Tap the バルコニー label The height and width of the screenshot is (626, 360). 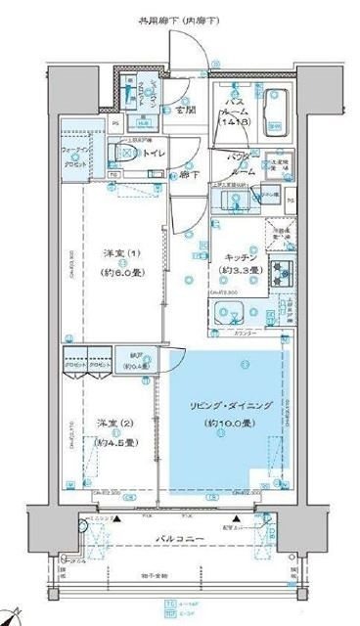(x=180, y=537)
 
